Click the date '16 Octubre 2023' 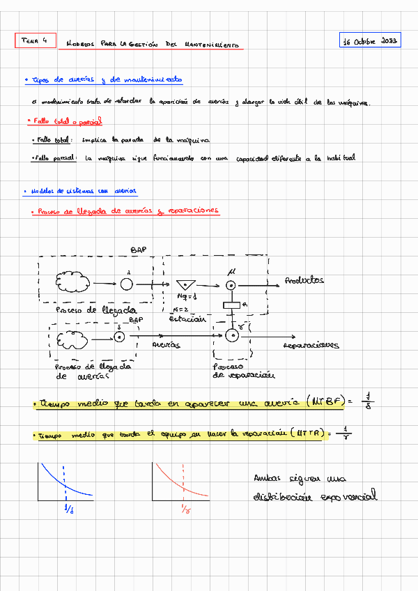pyautogui.click(x=370, y=42)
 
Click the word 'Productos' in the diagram pyautogui.click(x=304, y=281)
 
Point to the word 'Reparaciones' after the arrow pyautogui.click(x=311, y=344)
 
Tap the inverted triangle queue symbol pyautogui.click(x=185, y=285)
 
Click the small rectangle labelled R pyautogui.click(x=231, y=305)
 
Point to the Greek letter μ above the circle pyautogui.click(x=232, y=271)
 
